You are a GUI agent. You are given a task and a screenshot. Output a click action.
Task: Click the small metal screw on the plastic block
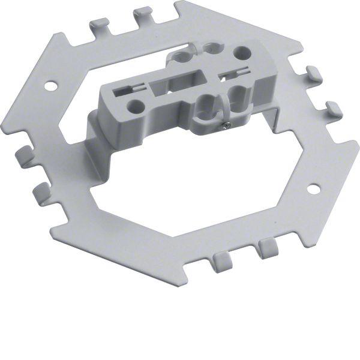(224, 125)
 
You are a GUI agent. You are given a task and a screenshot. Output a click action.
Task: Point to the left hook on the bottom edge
(221, 260)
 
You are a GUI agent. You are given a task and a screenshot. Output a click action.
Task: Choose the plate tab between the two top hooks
(120, 27)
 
